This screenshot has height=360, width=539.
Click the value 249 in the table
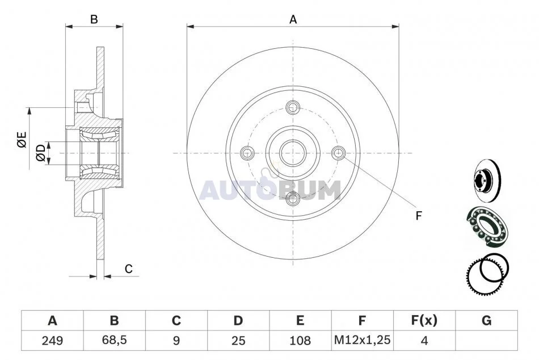(52, 341)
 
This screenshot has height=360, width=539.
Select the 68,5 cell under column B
(115, 340)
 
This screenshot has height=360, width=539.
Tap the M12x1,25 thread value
(363, 340)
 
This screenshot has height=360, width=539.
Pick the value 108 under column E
(300, 341)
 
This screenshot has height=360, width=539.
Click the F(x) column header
(424, 320)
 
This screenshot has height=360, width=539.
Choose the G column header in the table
(486, 321)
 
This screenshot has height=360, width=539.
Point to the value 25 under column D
(238, 341)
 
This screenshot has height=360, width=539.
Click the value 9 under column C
(176, 341)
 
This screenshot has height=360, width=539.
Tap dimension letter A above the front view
(293, 20)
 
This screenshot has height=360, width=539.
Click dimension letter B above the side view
(94, 20)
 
